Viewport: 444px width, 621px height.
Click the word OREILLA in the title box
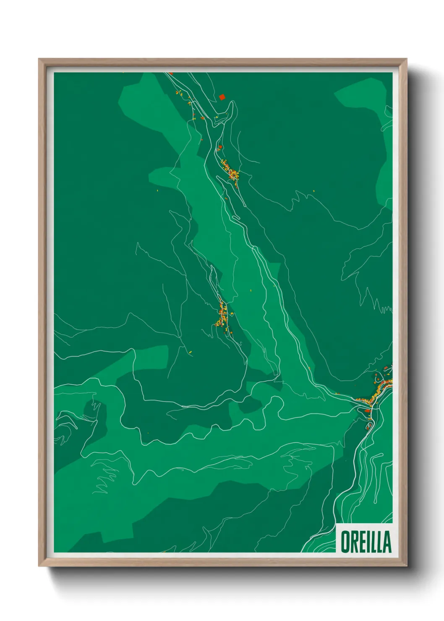click(x=366, y=542)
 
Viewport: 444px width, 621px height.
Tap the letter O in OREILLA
click(x=345, y=542)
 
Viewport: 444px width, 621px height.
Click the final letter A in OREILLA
click(x=387, y=542)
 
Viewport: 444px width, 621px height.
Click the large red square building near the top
click(x=222, y=97)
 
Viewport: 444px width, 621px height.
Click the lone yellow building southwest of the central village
click(x=190, y=352)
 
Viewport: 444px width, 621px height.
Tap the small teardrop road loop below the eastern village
click(x=369, y=426)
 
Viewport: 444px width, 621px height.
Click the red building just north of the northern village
click(x=220, y=147)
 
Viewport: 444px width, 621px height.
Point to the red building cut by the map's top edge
click(x=171, y=73)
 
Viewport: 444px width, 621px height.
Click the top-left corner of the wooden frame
click(x=39, y=60)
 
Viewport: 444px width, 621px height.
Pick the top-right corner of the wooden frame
click(x=406, y=60)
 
